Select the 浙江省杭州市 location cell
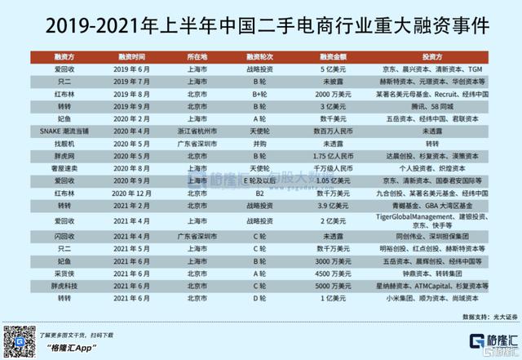coord(191,130)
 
